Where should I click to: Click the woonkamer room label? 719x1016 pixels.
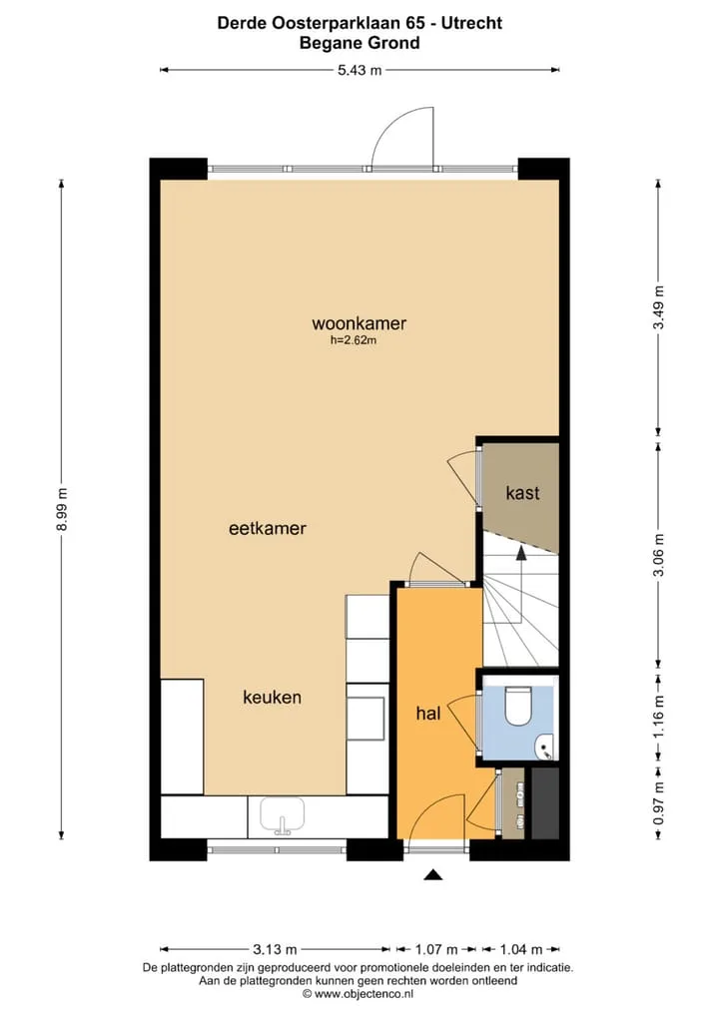coord(359,323)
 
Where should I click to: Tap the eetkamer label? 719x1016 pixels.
coord(267,528)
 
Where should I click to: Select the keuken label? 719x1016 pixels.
coord(272,698)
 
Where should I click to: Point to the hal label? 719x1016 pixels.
coord(427,714)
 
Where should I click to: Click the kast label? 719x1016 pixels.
coord(522,493)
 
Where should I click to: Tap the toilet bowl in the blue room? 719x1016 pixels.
coord(518,707)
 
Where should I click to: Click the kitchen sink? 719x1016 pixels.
coord(283,815)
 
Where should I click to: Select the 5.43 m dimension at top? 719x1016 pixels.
coord(359,70)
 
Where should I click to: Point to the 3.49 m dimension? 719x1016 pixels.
coord(659,307)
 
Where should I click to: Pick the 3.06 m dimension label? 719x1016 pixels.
coord(659,555)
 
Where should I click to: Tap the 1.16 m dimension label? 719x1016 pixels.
coord(659,716)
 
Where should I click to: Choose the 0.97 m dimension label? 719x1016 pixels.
coord(659,803)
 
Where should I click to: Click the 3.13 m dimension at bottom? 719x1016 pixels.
coord(275,950)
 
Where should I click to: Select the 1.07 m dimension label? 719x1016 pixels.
coord(436,950)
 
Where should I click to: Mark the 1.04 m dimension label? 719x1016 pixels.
coord(521,950)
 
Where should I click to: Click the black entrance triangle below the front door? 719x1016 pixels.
coord(433,875)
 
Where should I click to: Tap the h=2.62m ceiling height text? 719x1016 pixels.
coord(354,339)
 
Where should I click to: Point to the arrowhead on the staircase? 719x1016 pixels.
coord(520,552)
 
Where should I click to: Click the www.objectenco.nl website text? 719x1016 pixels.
coord(363,994)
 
